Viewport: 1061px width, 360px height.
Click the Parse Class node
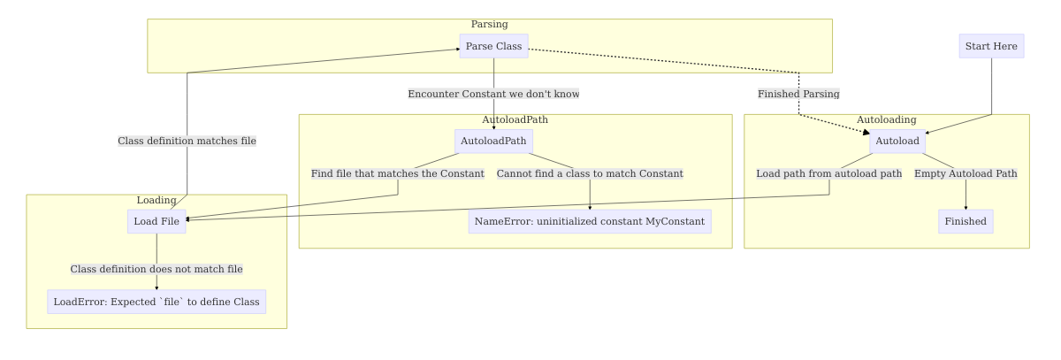click(x=493, y=46)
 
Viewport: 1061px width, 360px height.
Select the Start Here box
click(x=991, y=46)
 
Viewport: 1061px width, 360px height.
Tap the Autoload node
click(x=897, y=142)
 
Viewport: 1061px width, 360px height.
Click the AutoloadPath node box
click(x=493, y=142)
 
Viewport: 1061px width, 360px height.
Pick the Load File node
click(x=156, y=221)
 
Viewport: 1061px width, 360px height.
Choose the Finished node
click(x=966, y=221)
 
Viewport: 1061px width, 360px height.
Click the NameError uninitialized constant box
click(x=590, y=221)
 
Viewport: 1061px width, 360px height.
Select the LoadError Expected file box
click(x=156, y=302)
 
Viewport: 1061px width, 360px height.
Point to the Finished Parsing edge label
click(x=798, y=94)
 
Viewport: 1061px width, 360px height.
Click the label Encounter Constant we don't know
click(x=493, y=94)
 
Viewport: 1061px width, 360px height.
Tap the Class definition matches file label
click(x=187, y=141)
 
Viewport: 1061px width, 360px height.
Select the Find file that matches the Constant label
click(x=398, y=173)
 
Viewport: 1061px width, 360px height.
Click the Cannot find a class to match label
click(x=590, y=173)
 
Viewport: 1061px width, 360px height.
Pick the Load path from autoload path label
click(x=829, y=173)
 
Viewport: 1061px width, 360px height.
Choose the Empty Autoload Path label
click(x=966, y=173)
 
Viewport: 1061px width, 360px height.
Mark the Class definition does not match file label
click(x=156, y=269)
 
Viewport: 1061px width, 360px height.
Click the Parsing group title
click(x=489, y=24)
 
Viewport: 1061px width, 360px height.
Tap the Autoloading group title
click(x=886, y=119)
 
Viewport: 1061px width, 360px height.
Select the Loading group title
click(x=156, y=200)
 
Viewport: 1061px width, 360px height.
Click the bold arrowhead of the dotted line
click(x=866, y=132)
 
